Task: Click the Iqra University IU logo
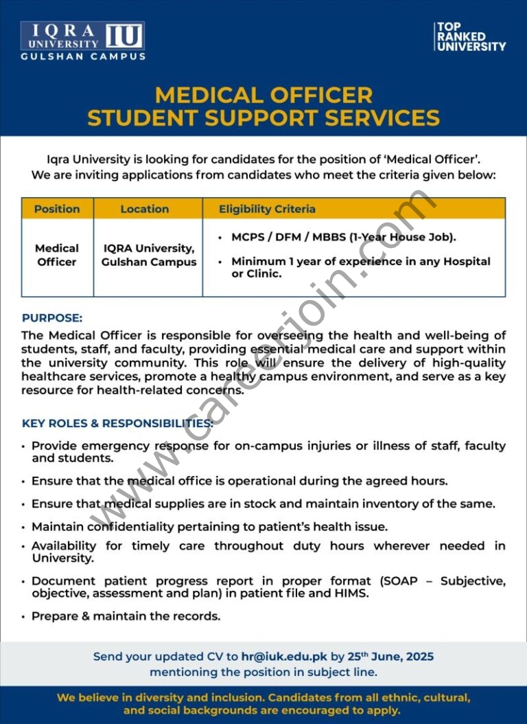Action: tap(82, 36)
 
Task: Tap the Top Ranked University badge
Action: tap(471, 36)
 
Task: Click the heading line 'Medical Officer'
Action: tap(263, 94)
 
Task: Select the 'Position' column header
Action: tap(57, 209)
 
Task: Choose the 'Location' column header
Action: tap(144, 209)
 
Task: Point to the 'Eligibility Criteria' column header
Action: tap(267, 209)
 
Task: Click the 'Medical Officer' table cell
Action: tap(57, 255)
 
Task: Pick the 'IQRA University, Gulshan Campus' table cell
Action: tap(149, 255)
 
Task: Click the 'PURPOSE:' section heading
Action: tap(52, 318)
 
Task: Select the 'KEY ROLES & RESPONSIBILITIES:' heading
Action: tap(117, 423)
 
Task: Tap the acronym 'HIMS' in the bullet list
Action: tap(354, 593)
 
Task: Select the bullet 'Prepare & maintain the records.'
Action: tap(126, 616)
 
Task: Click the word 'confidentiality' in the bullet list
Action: tap(124, 527)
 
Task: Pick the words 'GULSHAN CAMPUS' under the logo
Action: tap(82, 56)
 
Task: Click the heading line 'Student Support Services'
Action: tap(263, 117)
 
